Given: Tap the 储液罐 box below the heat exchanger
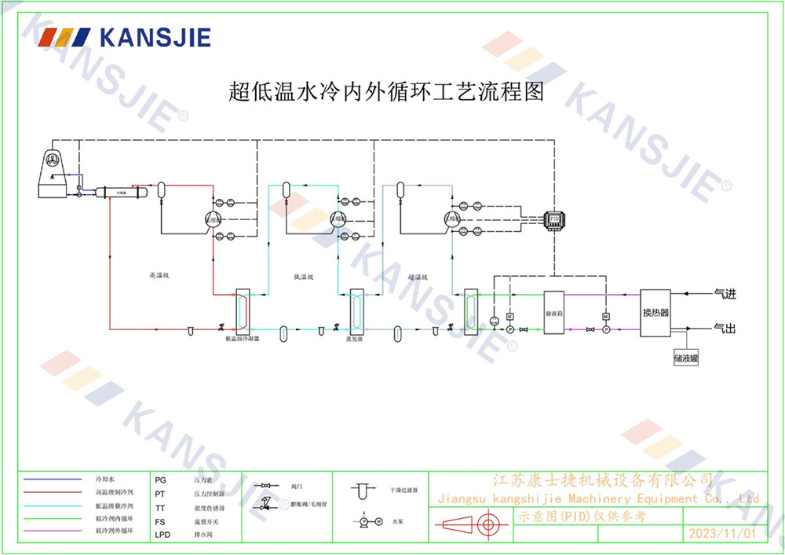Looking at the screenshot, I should (685, 358).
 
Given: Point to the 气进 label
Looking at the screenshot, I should (724, 294).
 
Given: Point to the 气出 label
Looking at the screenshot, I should (724, 327).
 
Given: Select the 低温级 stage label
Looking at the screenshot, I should (304, 277).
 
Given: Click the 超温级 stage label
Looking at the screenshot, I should (418, 277).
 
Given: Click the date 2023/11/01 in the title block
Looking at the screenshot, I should (721, 533).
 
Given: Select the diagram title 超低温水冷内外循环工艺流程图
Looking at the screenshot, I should (386, 92).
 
